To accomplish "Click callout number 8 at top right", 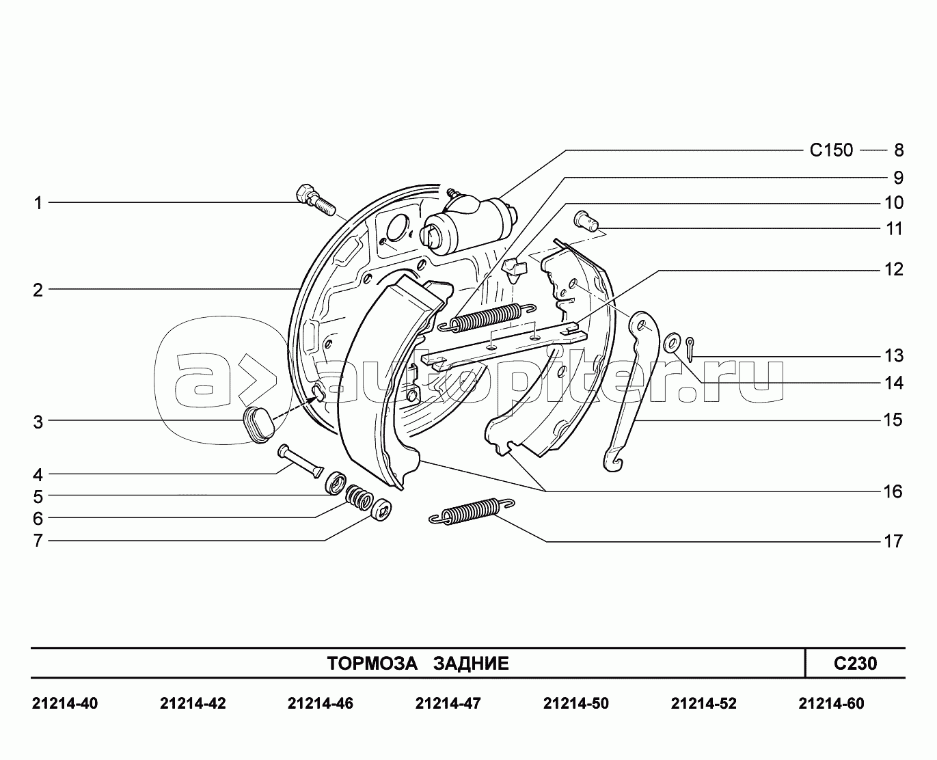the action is point(899,150).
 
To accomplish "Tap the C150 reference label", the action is point(832,150).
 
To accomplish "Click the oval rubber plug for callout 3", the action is point(258,424).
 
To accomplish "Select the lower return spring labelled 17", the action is point(472,511).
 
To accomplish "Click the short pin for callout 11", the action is point(586,221).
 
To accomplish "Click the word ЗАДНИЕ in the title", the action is point(471,663).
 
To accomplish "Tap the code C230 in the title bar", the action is point(855,663).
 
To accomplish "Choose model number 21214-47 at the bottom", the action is point(448,704).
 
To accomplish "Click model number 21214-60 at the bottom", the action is point(831,704).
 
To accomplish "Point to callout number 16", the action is point(893,491).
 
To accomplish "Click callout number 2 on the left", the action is point(38,290).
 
